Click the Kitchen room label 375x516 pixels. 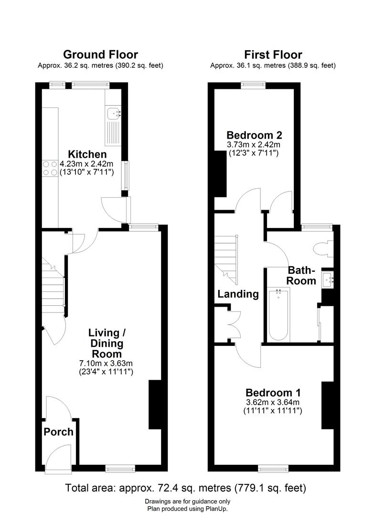tap(87, 154)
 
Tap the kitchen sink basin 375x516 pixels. tap(113, 113)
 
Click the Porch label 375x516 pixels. tap(59, 432)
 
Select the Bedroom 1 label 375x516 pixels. tap(273, 393)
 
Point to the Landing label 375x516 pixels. tap(238, 294)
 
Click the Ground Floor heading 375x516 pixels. tap(100, 54)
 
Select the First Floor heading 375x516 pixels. tap(273, 54)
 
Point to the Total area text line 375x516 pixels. tap(185, 488)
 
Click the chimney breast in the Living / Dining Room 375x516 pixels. tap(155, 404)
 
